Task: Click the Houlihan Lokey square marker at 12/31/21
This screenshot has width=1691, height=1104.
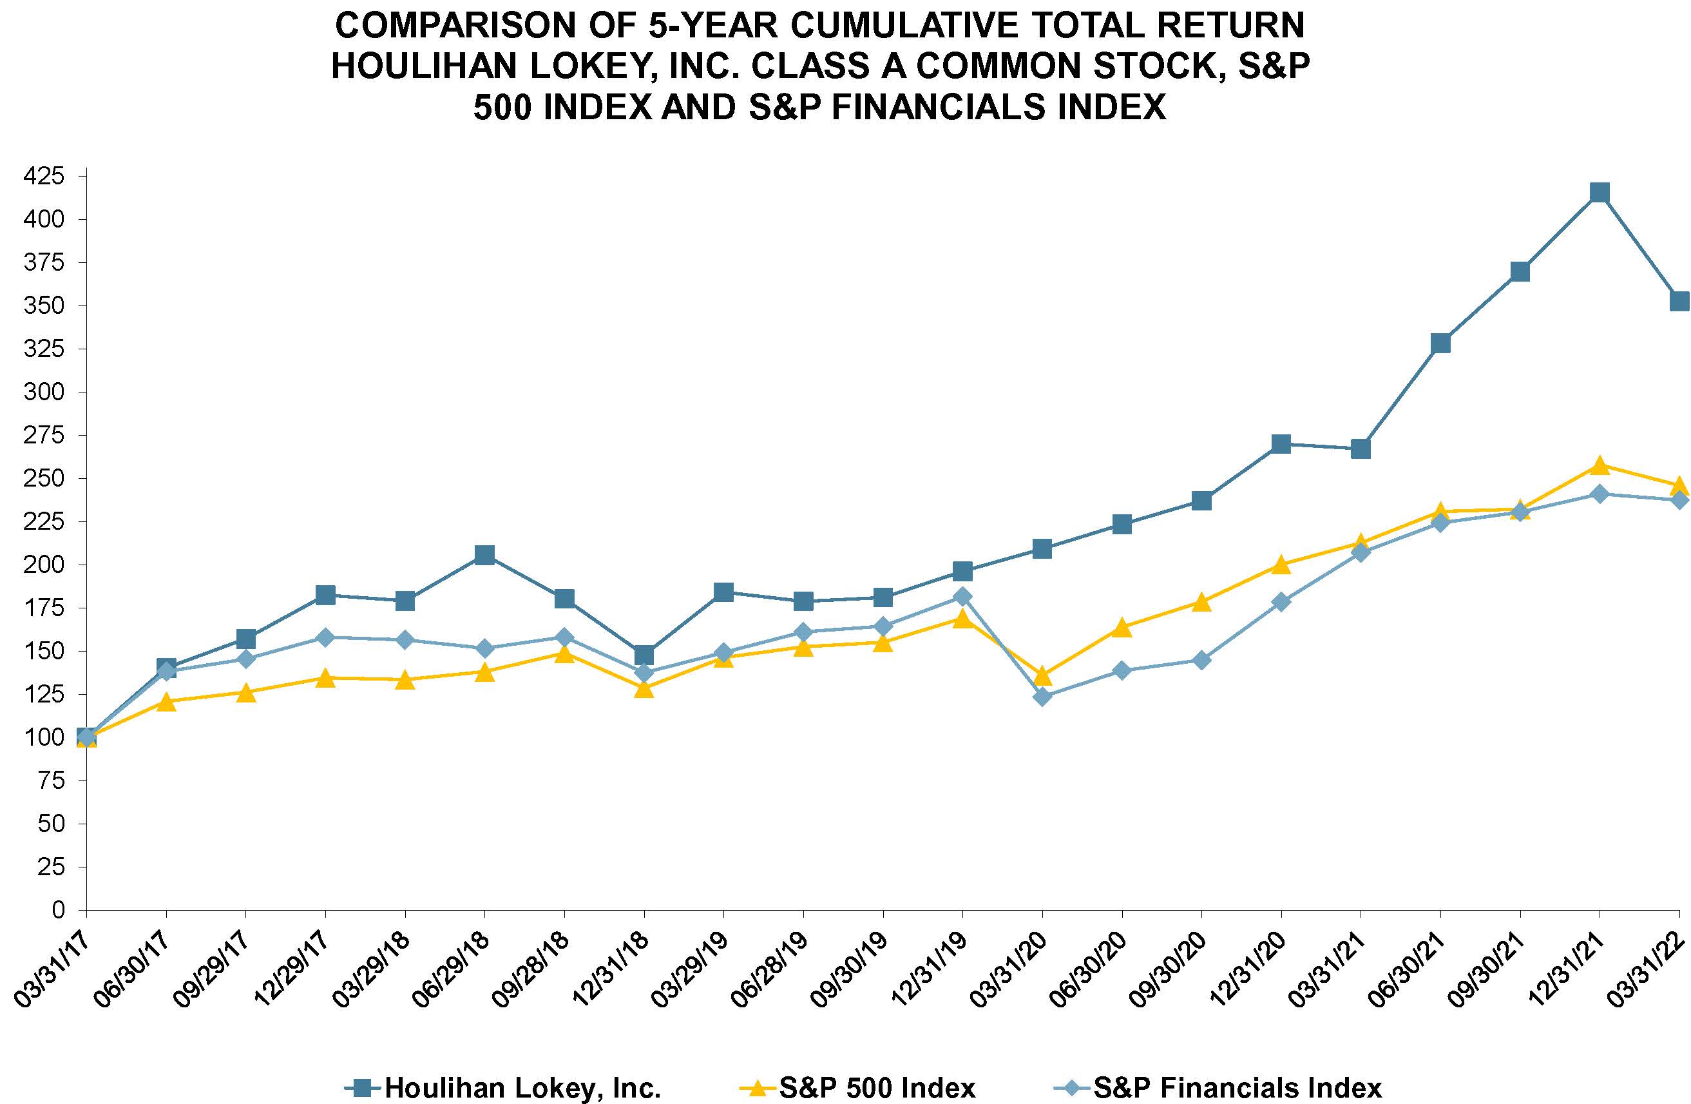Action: (x=1600, y=193)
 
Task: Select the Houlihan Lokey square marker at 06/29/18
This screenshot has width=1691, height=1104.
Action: (x=484, y=555)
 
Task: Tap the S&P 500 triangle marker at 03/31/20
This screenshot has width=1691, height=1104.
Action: (x=1042, y=675)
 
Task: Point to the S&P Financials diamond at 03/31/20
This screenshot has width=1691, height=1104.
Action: (x=1042, y=697)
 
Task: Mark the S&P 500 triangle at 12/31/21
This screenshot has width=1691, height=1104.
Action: (x=1600, y=465)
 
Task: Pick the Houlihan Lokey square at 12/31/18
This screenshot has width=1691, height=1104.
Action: (x=644, y=654)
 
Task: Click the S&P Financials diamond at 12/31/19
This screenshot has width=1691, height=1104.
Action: (x=962, y=596)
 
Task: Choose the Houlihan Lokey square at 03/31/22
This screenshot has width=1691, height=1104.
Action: (x=1679, y=302)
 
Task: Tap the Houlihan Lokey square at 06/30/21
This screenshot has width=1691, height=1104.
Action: (x=1440, y=344)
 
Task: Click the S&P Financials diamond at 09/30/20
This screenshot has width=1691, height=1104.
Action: (x=1201, y=661)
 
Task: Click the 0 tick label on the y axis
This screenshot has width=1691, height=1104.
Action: (x=58, y=910)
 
